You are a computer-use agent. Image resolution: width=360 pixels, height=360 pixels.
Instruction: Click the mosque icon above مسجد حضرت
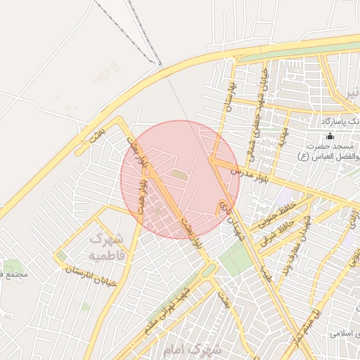(x=330, y=136)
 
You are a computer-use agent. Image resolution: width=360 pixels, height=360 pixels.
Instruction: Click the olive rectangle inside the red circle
(x=180, y=174)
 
